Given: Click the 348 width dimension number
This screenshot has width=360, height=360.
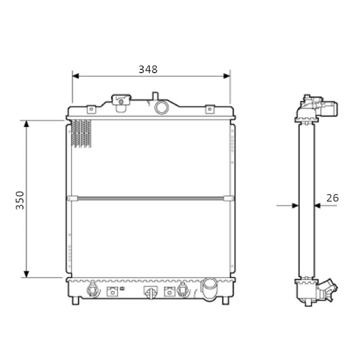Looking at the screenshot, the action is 148,69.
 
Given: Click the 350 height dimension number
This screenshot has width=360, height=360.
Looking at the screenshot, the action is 20,200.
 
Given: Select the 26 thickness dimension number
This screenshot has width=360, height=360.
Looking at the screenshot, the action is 332,198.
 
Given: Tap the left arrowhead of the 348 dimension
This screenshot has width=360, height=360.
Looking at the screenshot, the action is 76,76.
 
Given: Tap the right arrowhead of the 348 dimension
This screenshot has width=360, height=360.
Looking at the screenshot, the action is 226,76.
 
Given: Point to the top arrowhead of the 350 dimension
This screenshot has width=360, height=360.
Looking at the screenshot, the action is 26,124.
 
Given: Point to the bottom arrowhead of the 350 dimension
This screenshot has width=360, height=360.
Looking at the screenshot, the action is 26,274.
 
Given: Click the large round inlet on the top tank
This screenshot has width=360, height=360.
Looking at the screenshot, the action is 162,107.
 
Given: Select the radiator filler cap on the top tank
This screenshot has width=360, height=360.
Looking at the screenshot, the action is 121,103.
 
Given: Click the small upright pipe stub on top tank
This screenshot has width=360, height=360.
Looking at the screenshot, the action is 155,96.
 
